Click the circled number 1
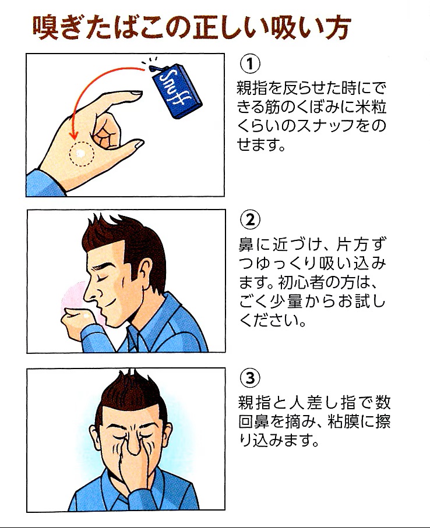[250, 63]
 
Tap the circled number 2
[250, 220]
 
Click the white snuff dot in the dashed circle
[81, 154]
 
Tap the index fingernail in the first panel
[137, 92]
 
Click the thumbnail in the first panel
[139, 144]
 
